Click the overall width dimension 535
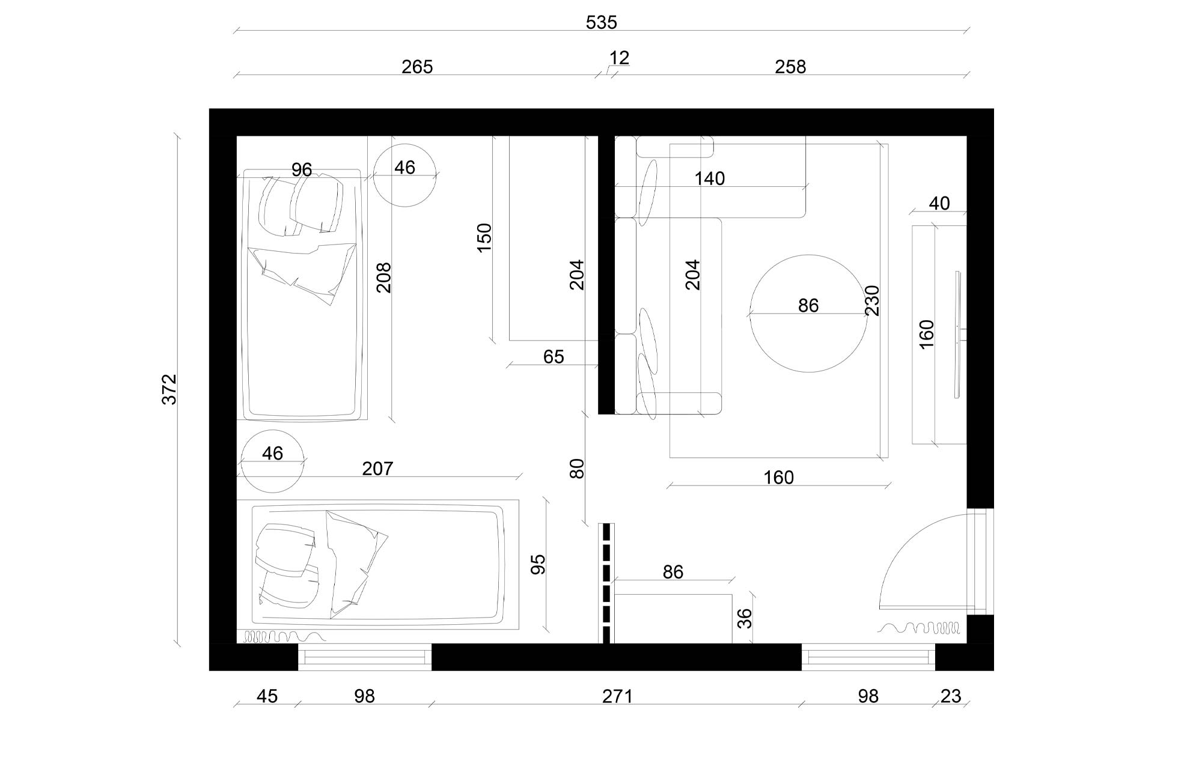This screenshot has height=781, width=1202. tap(601, 23)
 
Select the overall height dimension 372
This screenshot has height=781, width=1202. tap(170, 389)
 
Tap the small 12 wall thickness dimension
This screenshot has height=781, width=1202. tap(619, 58)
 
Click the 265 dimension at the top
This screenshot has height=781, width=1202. tap(417, 67)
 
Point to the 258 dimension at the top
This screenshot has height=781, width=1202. tap(790, 67)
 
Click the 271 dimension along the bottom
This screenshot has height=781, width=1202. tap(617, 696)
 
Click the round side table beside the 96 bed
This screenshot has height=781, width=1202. tap(404, 175)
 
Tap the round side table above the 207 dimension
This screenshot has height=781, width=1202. tap(272, 461)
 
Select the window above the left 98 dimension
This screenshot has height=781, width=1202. tap(365, 658)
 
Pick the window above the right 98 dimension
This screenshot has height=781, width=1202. tap(868, 658)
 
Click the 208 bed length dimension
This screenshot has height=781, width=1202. tap(384, 278)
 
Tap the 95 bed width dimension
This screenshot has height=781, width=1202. tap(538, 564)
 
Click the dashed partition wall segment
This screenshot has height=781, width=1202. tap(606, 583)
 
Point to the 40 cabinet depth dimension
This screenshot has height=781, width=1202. tap(939, 204)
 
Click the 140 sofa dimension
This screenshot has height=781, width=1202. tap(710, 178)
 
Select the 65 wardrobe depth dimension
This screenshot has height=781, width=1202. tap(554, 357)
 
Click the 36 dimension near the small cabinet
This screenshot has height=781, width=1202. tap(745, 618)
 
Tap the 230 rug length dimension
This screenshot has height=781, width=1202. tap(873, 300)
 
